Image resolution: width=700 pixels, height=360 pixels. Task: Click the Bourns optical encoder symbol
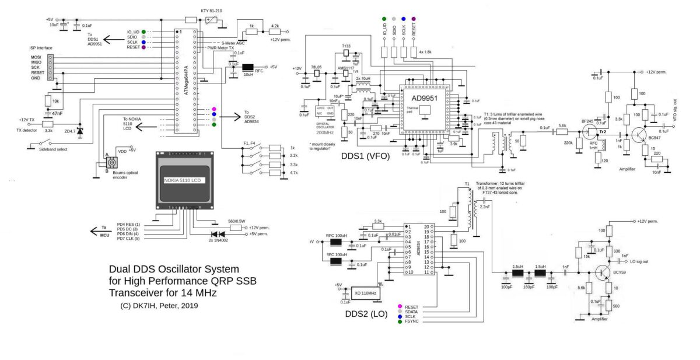coord(107,163)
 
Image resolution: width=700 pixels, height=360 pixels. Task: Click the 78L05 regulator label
coord(318,67)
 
